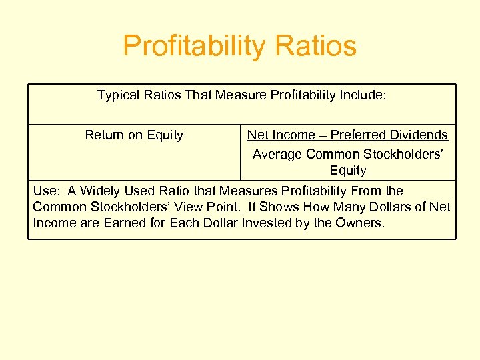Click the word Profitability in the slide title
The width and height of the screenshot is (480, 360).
point(189,47)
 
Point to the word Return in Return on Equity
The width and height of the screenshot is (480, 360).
point(104,135)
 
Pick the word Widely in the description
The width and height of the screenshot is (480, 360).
point(100,191)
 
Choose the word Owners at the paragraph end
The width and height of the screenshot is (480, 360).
point(359,223)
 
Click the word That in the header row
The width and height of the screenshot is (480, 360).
point(198,95)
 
